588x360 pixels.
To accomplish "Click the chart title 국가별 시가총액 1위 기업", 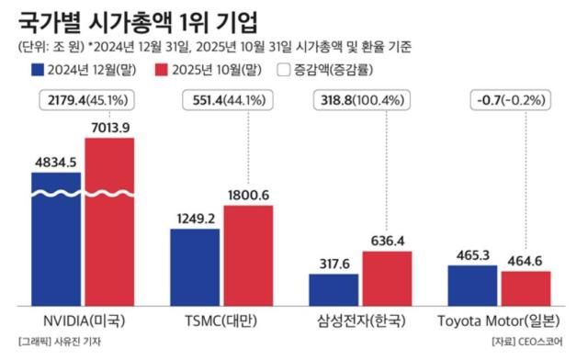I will tap(138, 19).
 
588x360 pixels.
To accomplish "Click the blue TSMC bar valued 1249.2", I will tap(196, 266).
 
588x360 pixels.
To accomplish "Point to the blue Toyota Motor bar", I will tap(472, 285).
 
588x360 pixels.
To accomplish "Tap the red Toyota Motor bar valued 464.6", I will tap(525, 287).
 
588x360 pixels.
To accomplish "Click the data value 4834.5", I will tap(57, 162).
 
